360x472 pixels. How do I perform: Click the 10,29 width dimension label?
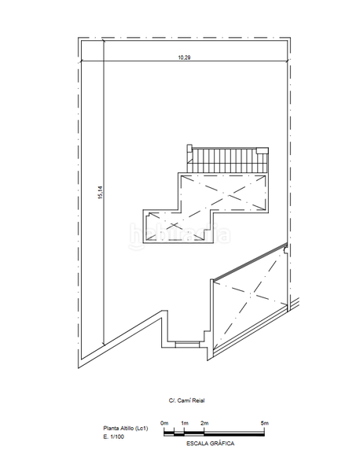click(185, 57)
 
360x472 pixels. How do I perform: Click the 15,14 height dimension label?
click(100, 193)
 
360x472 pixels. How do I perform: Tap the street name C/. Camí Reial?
click(186, 400)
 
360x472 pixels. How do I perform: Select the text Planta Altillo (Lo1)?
click(126, 428)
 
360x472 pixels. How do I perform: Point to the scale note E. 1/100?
click(114, 437)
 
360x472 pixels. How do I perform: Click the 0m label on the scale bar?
click(164, 423)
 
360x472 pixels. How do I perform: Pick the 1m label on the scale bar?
click(185, 423)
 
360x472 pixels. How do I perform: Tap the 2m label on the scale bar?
click(204, 423)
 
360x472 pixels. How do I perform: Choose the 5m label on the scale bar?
click(265, 423)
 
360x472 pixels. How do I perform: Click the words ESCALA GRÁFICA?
click(210, 444)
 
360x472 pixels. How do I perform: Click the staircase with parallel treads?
click(227, 160)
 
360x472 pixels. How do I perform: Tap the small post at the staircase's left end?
click(189, 149)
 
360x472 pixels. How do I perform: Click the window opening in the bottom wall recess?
click(187, 344)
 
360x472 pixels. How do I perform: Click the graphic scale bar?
click(214, 433)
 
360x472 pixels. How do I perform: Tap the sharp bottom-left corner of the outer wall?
click(79, 368)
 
